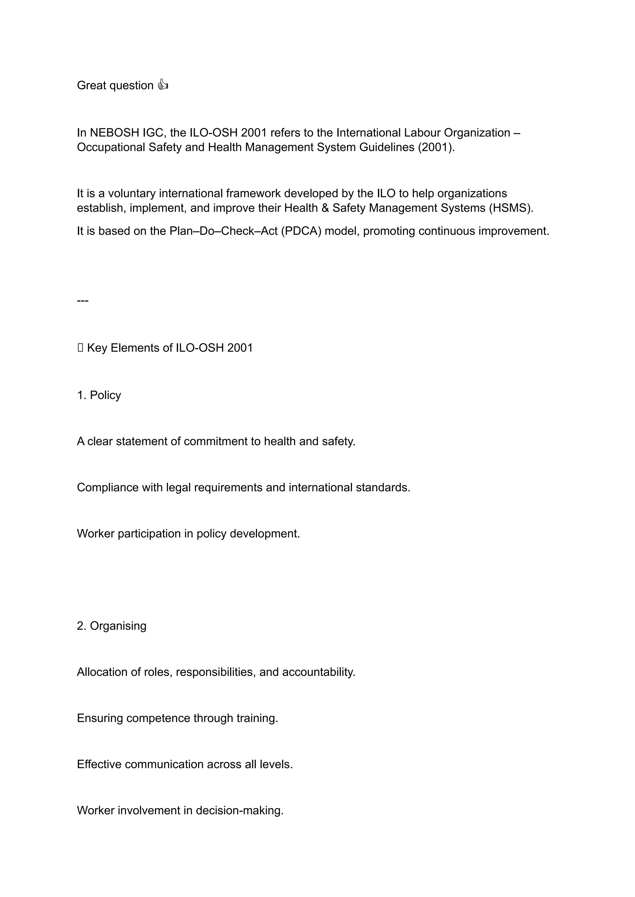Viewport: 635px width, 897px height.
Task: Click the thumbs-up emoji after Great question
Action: [163, 85]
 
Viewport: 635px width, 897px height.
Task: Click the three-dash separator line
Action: [82, 300]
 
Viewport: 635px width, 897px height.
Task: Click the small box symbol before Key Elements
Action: [80, 348]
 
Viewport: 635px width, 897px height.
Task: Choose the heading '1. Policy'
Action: [99, 395]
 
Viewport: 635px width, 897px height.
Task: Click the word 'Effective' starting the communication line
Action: [99, 764]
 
